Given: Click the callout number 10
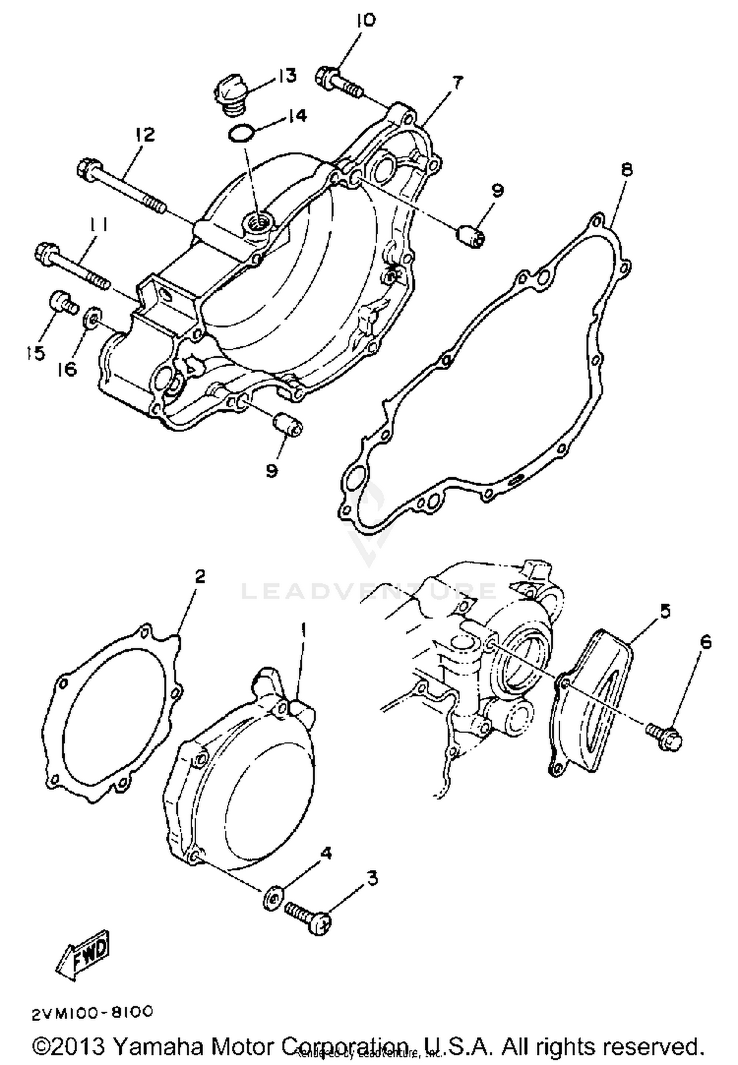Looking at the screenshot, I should pyautogui.click(x=365, y=20).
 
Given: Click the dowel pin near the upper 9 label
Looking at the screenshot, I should pyautogui.click(x=471, y=236).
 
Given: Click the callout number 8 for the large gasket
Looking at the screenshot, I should pyautogui.click(x=627, y=170).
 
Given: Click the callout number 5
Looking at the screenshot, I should pyautogui.click(x=665, y=612).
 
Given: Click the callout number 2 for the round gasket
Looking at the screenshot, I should pyautogui.click(x=200, y=577).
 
